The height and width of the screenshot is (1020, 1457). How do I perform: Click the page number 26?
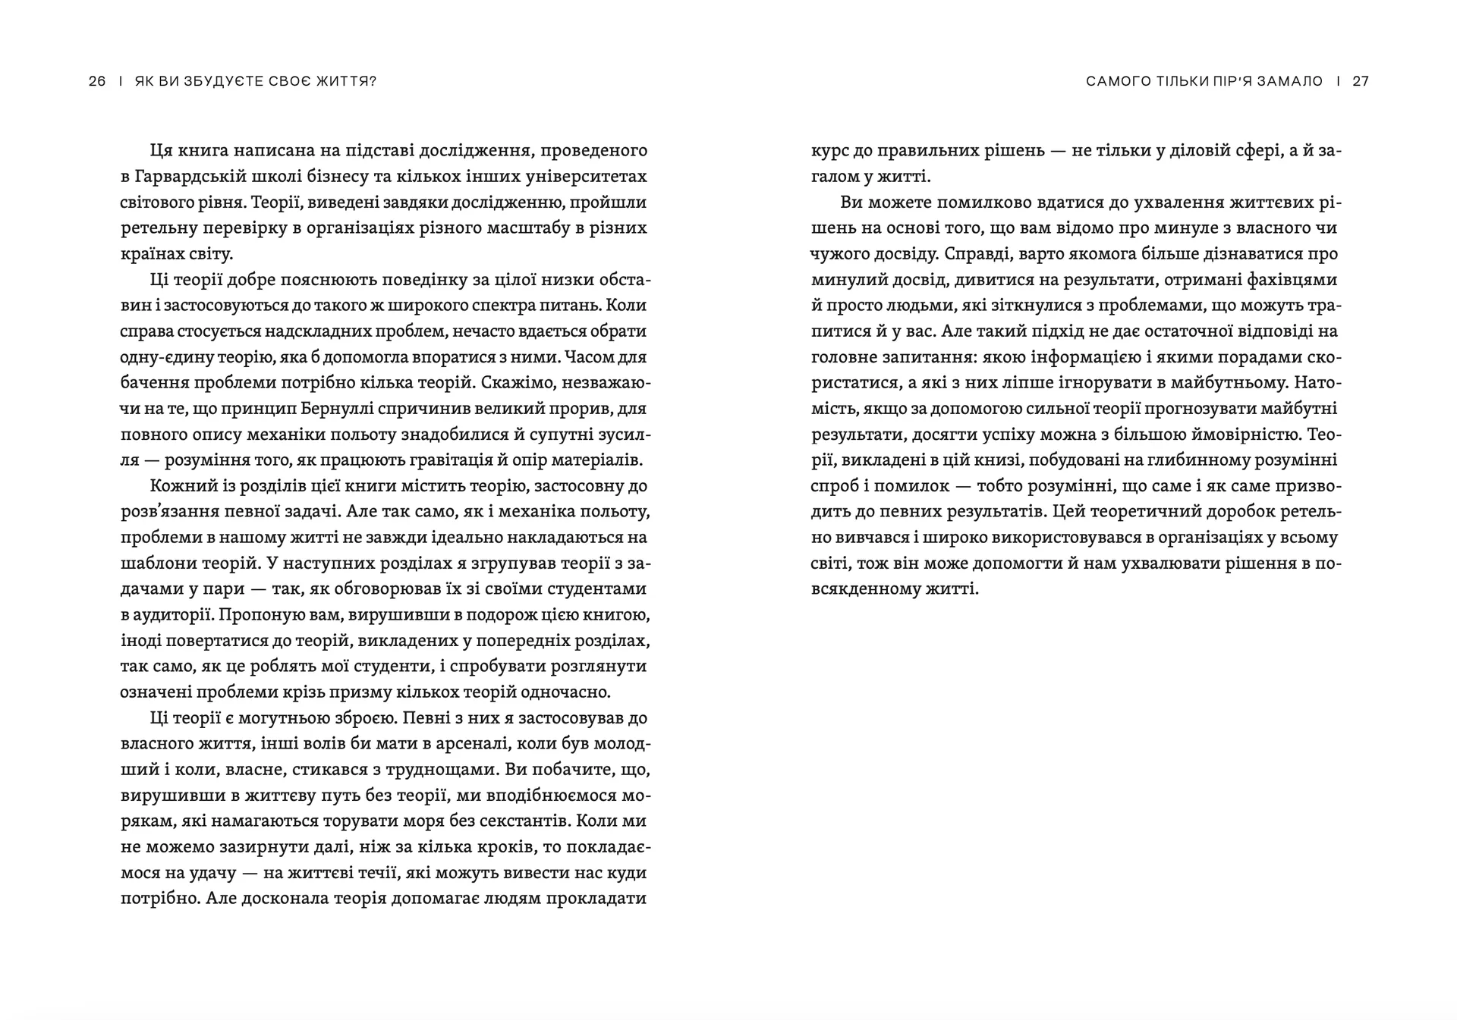97,81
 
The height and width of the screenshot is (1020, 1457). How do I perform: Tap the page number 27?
1361,81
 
